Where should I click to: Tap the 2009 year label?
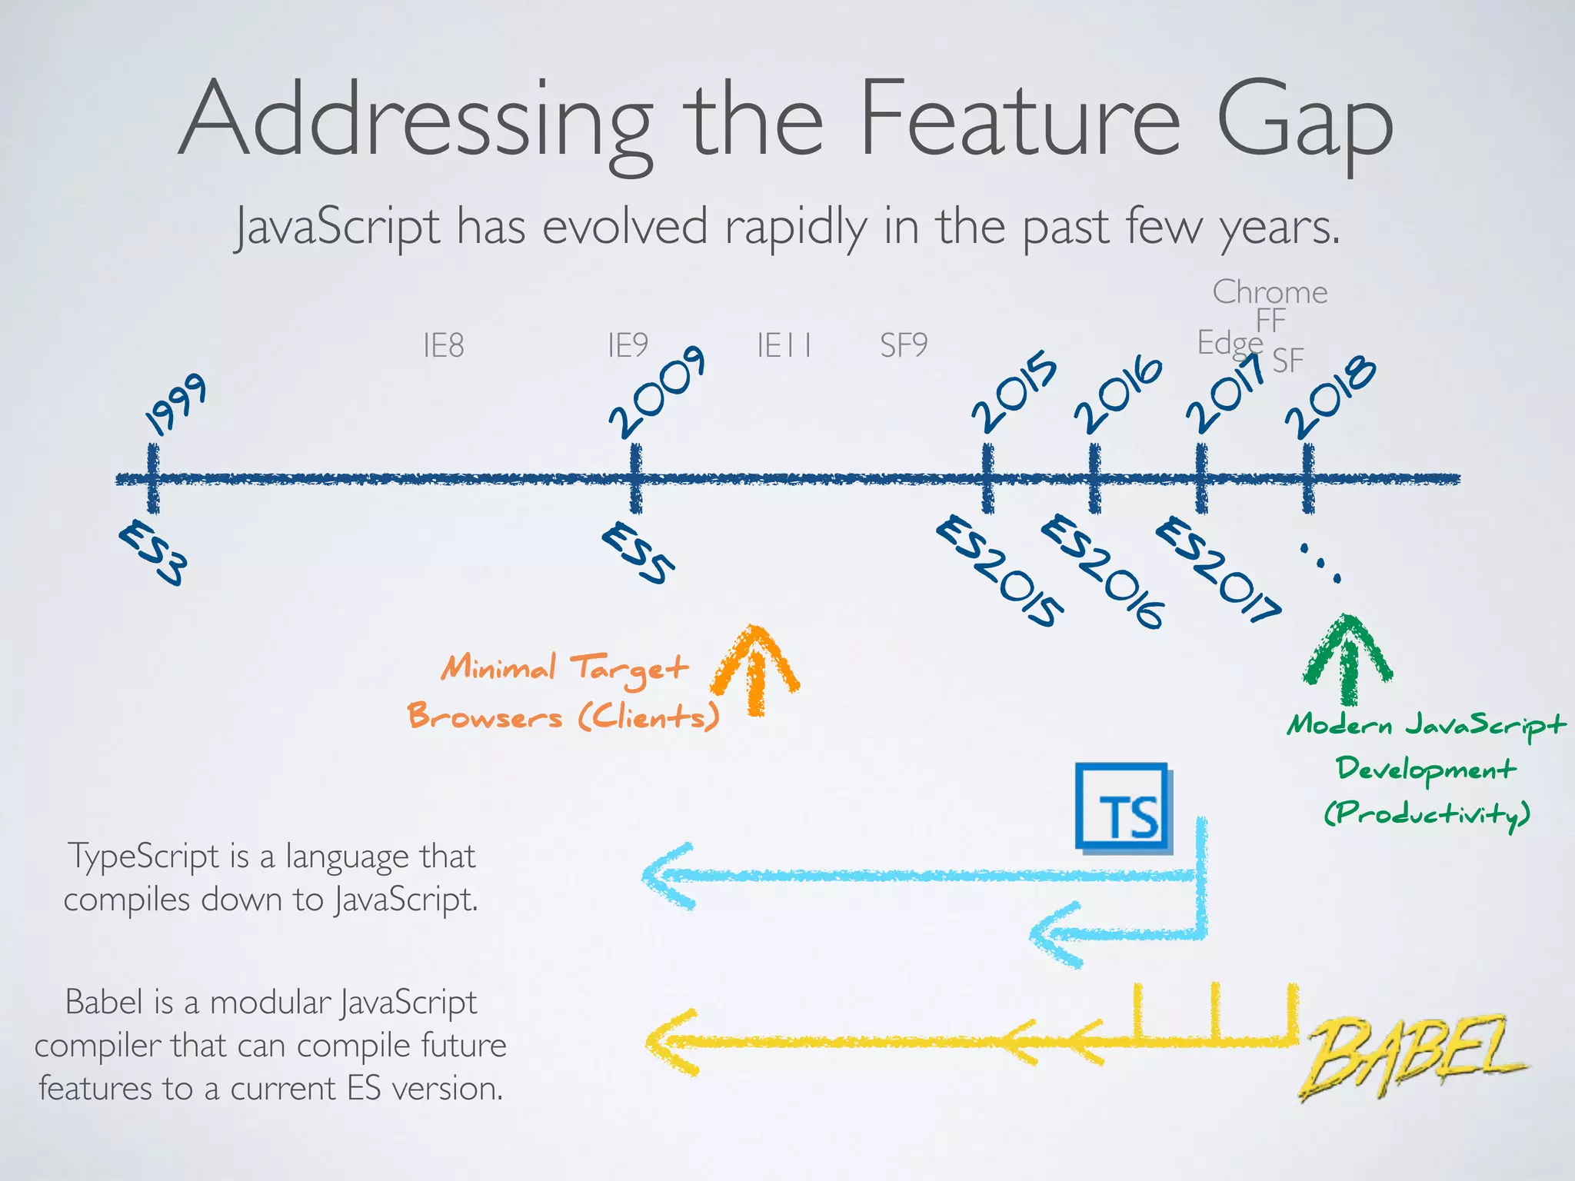pyautogui.click(x=657, y=392)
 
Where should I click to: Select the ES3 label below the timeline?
pyautogui.click(x=153, y=553)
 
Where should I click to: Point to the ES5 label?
pyautogui.click(x=638, y=553)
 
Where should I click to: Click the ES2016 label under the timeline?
pyautogui.click(x=1102, y=571)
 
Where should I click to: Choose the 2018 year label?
pyautogui.click(x=1330, y=398)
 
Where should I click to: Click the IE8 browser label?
pyautogui.click(x=444, y=346)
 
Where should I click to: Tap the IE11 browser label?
pyautogui.click(x=784, y=346)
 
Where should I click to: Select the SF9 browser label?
pyautogui.click(x=904, y=346)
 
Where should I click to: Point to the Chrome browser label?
pyautogui.click(x=1270, y=292)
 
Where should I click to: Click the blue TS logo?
pyautogui.click(x=1124, y=808)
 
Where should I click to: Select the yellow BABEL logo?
pyautogui.click(x=1411, y=1055)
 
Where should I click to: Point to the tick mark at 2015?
pyautogui.click(x=987, y=478)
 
